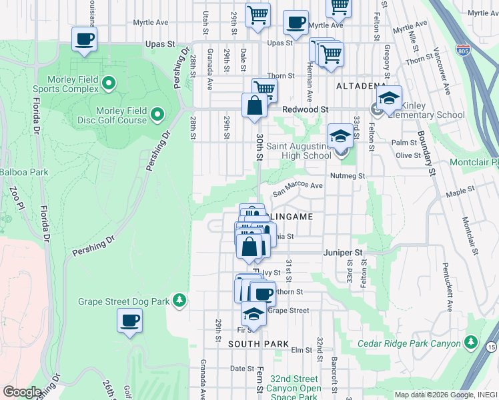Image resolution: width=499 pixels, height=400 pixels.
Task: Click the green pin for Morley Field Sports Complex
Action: pyautogui.click(x=107, y=84)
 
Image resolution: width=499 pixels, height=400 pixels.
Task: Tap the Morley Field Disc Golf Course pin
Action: pyautogui.click(x=157, y=115)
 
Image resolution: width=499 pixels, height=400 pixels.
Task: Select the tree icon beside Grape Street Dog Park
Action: pyautogui.click(x=179, y=301)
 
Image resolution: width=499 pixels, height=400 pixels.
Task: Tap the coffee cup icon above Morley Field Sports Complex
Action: pyautogui.click(x=84, y=39)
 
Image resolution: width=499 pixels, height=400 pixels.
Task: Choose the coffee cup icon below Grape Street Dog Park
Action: pyautogui.click(x=129, y=321)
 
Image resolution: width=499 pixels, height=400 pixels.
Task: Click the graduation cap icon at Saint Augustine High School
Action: pyautogui.click(x=340, y=136)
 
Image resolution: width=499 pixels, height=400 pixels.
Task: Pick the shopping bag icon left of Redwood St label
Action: pyautogui.click(x=254, y=105)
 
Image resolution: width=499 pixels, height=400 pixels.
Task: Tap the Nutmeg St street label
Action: pyautogui.click(x=348, y=176)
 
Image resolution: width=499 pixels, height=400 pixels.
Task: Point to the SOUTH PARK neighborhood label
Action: pyautogui.click(x=259, y=344)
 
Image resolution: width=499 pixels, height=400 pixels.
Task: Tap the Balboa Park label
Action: pyautogui.click(x=24, y=172)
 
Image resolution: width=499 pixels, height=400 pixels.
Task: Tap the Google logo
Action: pyautogui.click(x=22, y=392)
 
